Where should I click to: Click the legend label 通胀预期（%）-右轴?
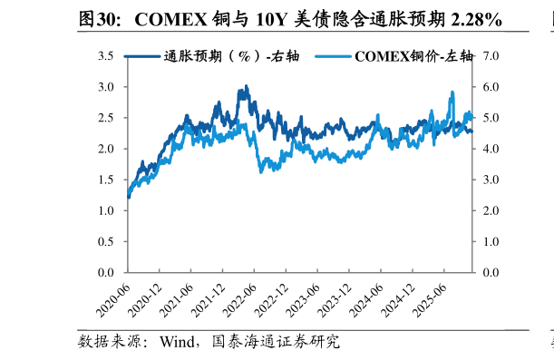click(231, 56)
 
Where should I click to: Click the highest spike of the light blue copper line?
click(452, 92)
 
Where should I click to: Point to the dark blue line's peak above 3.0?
click(245, 87)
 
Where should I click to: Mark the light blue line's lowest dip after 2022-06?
click(262, 171)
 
